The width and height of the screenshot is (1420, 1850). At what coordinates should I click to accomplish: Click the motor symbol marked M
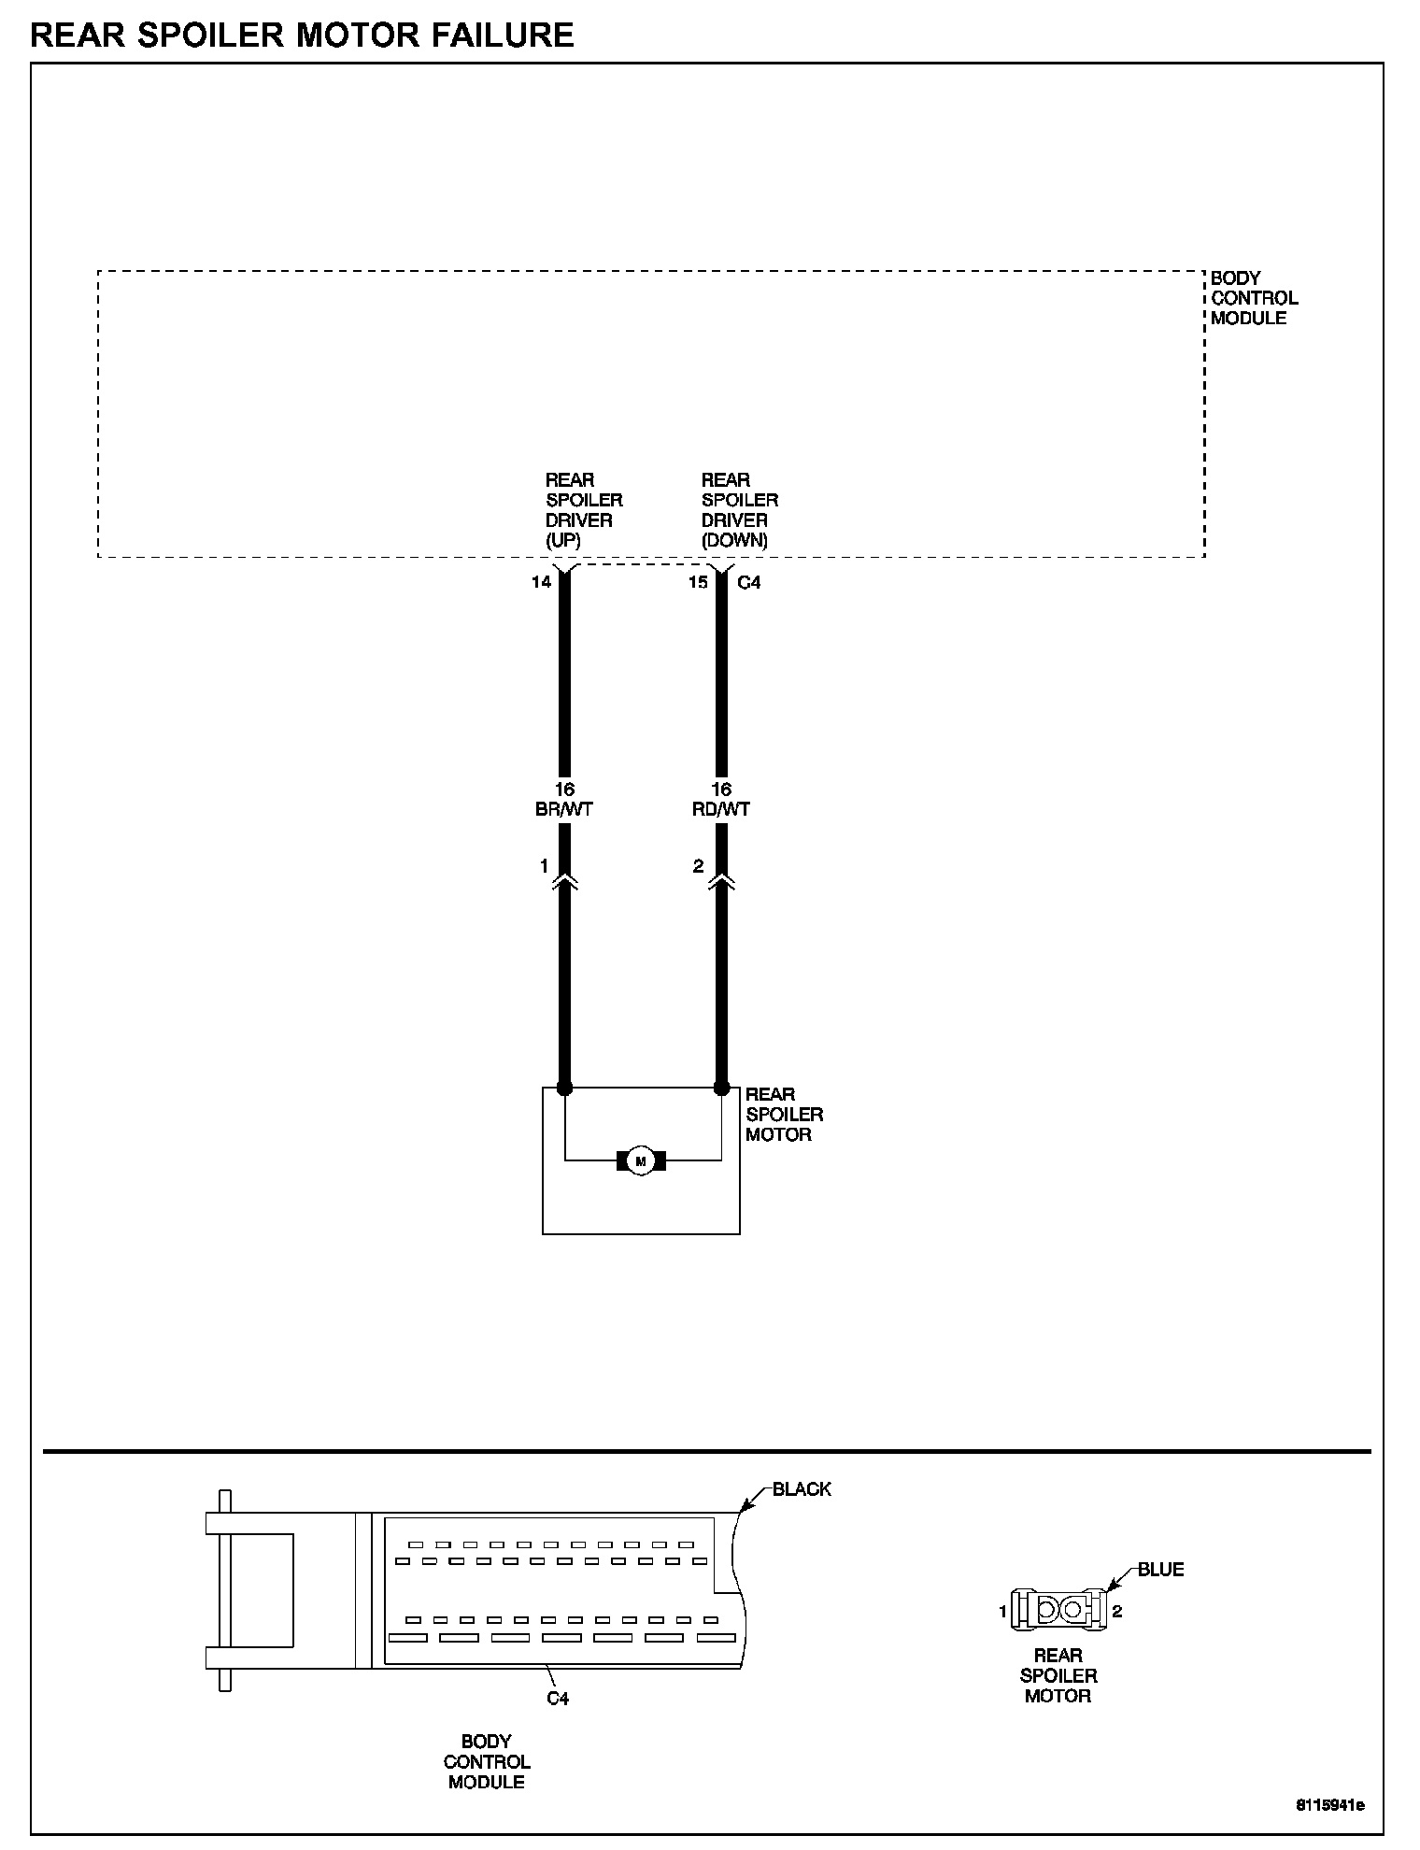click(x=641, y=1160)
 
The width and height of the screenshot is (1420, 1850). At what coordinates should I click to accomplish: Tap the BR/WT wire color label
click(x=564, y=809)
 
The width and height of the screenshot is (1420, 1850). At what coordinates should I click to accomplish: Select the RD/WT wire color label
click(x=721, y=809)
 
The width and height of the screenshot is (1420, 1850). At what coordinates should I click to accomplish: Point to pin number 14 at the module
click(x=541, y=582)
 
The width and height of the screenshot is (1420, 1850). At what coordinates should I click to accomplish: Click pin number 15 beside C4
click(x=698, y=582)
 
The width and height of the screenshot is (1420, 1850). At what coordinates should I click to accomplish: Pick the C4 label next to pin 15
click(x=749, y=582)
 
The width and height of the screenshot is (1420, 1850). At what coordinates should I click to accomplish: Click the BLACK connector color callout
click(x=802, y=1489)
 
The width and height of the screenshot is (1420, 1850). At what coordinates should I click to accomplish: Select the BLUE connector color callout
click(x=1160, y=1570)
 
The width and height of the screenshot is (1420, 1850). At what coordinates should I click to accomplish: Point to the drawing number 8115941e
click(x=1329, y=1804)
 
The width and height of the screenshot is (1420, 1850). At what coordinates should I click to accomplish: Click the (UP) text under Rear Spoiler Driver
click(x=563, y=541)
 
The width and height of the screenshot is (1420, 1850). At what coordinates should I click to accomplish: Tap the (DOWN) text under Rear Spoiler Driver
click(x=734, y=541)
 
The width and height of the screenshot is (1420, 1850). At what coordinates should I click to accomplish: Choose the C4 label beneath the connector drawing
click(x=558, y=1698)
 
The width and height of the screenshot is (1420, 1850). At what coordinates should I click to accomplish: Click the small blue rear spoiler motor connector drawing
click(x=1059, y=1609)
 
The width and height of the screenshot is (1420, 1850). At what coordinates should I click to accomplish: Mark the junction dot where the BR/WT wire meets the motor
click(x=564, y=1088)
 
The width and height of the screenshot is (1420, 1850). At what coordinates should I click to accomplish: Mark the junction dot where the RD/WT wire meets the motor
click(x=721, y=1088)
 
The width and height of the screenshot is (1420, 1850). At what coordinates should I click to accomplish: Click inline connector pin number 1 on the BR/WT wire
click(x=544, y=866)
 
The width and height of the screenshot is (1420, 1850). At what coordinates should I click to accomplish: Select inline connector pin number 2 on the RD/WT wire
click(x=698, y=866)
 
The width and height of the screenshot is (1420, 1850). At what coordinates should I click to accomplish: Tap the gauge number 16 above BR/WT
click(x=564, y=790)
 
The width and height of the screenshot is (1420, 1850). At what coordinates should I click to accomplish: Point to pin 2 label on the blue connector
click(x=1117, y=1611)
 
